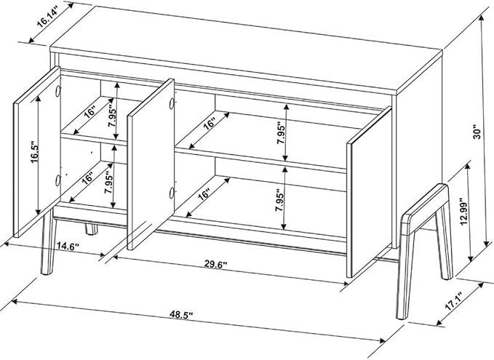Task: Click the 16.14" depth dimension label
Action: pyautogui.click(x=47, y=19)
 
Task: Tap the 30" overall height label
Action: pyautogui.click(x=477, y=133)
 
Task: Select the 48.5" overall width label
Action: pyautogui.click(x=181, y=314)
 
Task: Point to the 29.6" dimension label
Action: pyautogui.click(x=216, y=265)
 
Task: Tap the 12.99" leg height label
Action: pyautogui.click(x=463, y=212)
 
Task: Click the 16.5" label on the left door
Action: pyautogui.click(x=35, y=153)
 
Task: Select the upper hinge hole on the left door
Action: pyautogui.click(x=57, y=92)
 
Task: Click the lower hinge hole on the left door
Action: pyautogui.click(x=57, y=180)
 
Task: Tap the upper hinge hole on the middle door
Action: pyautogui.click(x=172, y=104)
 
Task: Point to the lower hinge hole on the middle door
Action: pyautogui.click(x=172, y=193)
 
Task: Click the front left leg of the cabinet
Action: pyautogui.click(x=49, y=246)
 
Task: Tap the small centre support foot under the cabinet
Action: pyautogui.click(x=92, y=229)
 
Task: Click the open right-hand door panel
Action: pyautogui.click(x=370, y=192)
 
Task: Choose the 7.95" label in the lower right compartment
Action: pyautogui.click(x=279, y=200)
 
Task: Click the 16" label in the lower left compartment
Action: pyautogui.click(x=87, y=178)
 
